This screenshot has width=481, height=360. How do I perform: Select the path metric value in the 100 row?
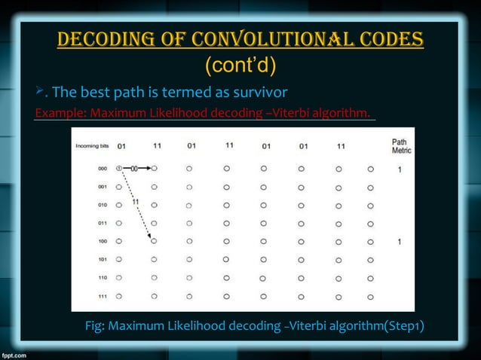coord(400,242)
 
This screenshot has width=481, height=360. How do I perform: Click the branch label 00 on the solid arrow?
coord(136,169)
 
